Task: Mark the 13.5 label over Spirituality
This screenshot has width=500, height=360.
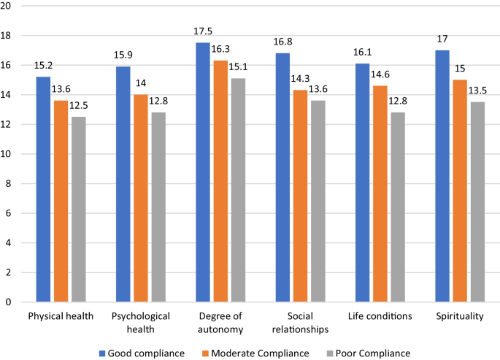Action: tap(477, 93)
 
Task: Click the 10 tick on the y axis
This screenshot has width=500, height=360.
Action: tap(9, 154)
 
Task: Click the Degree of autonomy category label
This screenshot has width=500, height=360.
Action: tap(220, 322)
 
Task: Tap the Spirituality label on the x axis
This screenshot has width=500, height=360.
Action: tap(459, 316)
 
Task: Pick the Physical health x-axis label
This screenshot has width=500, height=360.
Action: tap(61, 316)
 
